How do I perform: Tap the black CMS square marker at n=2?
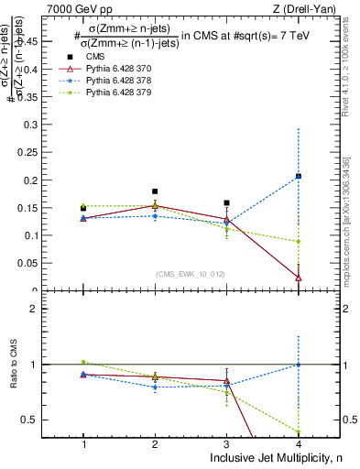155,191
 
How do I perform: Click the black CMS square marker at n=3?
226,202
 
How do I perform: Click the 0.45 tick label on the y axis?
48,40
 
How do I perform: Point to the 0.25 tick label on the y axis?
48,152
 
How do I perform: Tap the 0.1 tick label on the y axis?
50,235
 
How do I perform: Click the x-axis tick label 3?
226,444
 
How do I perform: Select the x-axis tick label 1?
83,444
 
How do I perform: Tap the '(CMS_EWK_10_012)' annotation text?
190,273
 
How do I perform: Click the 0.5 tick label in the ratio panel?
50,420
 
